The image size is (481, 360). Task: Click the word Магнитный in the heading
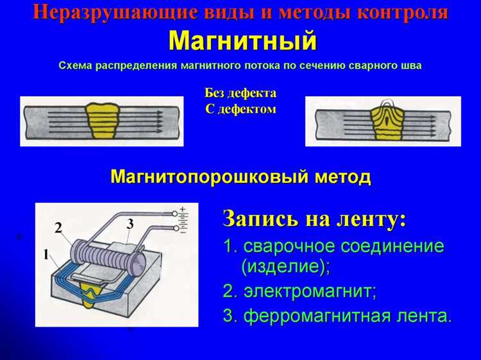pos(242,42)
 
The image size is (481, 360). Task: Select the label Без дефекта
pos(240,94)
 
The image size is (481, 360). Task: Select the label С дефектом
pos(240,109)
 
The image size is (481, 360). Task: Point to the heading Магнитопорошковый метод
pos(240,176)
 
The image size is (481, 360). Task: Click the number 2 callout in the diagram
pos(58,227)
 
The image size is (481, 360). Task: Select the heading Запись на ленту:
pos(314,219)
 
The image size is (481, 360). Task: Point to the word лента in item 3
pos(424,316)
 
